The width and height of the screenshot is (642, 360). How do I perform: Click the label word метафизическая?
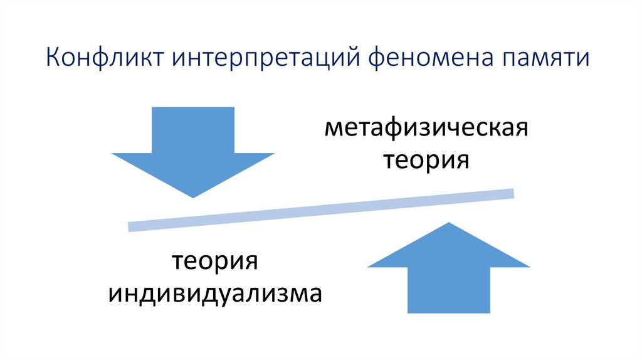[426, 130]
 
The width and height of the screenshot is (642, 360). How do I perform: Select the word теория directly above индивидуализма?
[216, 262]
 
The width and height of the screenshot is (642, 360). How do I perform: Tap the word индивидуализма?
[216, 293]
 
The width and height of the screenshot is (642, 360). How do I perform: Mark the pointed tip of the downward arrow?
[193, 196]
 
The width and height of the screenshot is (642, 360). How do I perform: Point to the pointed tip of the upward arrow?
[449, 223]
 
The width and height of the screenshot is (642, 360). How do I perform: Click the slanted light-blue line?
[321, 209]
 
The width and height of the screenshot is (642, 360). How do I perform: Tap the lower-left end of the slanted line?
[130, 226]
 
